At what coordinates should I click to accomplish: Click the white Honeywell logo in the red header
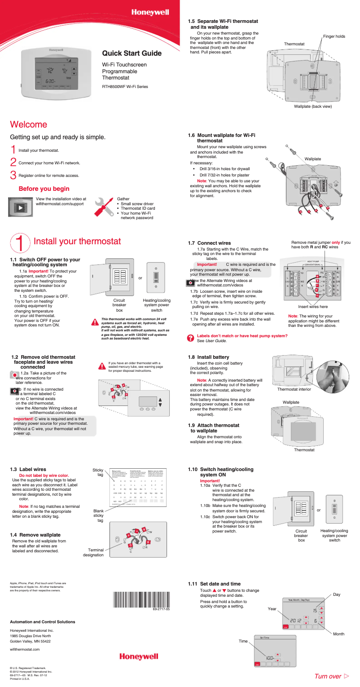(x=150, y=13)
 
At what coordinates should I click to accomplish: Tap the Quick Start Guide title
(x=132, y=53)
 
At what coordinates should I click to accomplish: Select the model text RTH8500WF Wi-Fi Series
(x=125, y=87)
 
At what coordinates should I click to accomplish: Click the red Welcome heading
(x=29, y=124)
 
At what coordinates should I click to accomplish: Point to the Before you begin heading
(x=44, y=189)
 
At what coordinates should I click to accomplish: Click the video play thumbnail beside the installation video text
(x=20, y=207)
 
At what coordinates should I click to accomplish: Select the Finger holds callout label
(x=334, y=36)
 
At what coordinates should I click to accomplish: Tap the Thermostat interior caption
(x=294, y=389)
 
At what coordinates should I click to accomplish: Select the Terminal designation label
(x=93, y=552)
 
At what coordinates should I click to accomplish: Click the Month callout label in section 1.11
(x=338, y=634)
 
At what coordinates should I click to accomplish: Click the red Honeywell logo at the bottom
(x=139, y=656)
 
